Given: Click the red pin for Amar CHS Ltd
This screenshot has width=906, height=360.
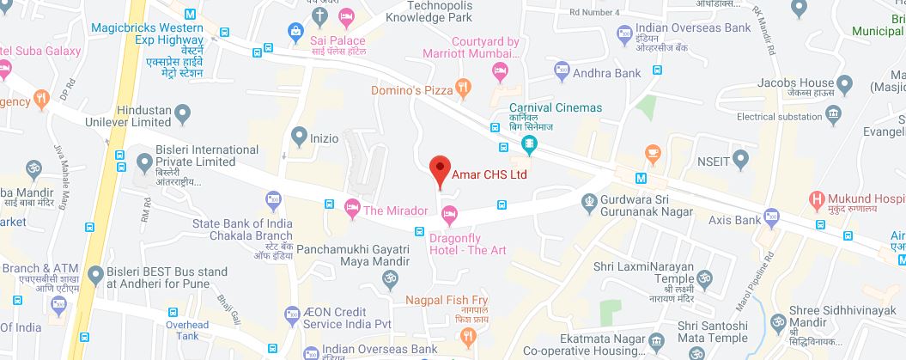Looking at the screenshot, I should [x=440, y=169].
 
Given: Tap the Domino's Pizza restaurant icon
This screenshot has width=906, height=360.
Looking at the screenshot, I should [x=463, y=86].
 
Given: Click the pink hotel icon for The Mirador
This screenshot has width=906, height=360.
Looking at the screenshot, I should [x=351, y=206].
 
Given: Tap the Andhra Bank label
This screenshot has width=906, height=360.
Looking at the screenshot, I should [x=607, y=73].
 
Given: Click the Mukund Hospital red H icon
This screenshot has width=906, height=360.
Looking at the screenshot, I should [x=818, y=200].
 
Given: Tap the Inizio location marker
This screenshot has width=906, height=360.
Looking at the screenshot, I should [x=299, y=135].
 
